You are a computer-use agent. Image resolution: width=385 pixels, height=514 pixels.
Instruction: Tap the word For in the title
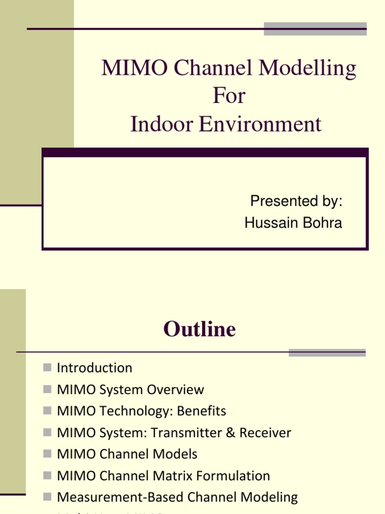229,95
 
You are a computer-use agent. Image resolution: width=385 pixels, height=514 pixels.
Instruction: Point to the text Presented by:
296,201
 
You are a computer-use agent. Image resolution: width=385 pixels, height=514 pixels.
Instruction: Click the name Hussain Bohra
293,223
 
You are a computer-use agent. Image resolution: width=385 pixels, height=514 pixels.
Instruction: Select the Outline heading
199,329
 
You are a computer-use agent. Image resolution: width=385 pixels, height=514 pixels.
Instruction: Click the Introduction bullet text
95,368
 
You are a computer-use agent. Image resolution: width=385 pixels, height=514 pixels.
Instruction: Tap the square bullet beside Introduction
48,367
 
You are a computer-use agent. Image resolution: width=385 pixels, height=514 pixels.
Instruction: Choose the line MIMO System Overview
130,390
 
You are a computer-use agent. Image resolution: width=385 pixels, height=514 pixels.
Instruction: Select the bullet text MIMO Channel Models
127,454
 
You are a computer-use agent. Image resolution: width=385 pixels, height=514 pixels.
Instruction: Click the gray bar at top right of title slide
315,29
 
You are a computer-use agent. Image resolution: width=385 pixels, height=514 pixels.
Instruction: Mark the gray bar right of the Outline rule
327,352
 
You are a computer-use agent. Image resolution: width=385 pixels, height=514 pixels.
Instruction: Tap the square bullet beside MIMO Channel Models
48,454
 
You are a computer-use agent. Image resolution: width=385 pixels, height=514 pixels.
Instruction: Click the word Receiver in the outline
265,433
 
